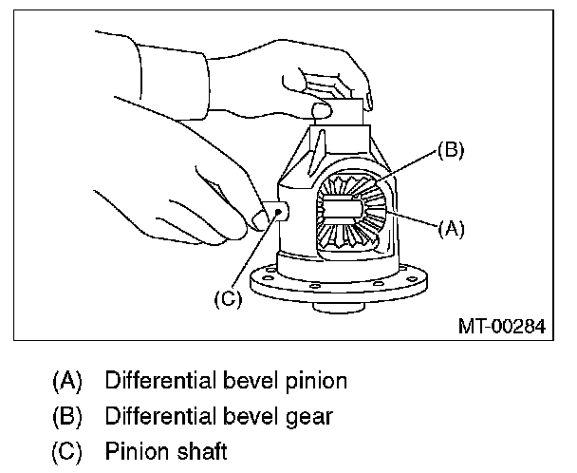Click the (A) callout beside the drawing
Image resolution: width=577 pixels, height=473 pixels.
tap(450, 227)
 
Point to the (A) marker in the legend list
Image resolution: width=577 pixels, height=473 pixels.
tap(67, 383)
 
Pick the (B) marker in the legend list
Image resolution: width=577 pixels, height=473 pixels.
tap(67, 416)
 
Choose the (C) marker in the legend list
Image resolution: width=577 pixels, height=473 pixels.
tap(67, 448)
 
